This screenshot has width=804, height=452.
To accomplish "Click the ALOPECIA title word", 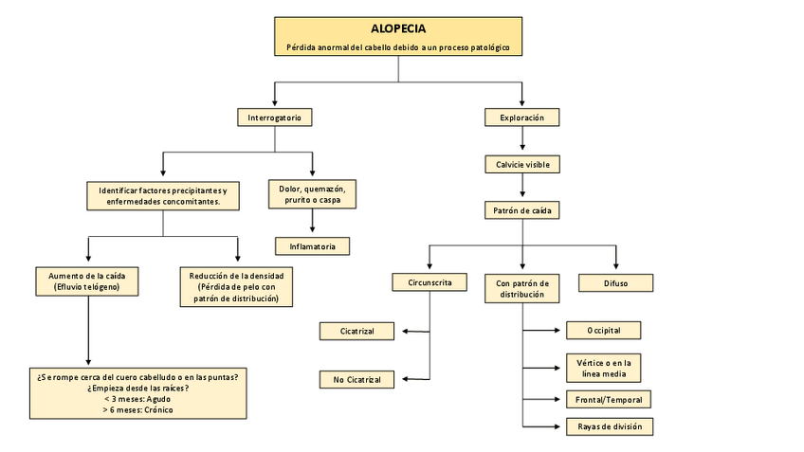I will click(398, 28).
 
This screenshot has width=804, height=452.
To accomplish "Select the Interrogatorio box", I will click(274, 118).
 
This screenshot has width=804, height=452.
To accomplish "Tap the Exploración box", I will click(521, 118).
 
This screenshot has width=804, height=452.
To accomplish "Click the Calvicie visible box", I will click(521, 164).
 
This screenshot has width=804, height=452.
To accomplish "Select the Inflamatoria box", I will click(312, 246).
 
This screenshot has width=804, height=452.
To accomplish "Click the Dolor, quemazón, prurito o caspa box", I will click(312, 194).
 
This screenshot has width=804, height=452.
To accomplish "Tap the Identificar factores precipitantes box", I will click(163, 195).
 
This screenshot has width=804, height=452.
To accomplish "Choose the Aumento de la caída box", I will click(87, 280).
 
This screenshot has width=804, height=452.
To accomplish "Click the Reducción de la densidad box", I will click(236, 286).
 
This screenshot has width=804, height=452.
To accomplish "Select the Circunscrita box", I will click(430, 282).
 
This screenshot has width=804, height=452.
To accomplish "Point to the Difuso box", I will click(615, 282).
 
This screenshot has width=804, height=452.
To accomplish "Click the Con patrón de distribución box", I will click(522, 288).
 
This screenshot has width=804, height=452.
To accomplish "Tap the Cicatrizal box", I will click(357, 331).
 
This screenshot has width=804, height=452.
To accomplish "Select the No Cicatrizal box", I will click(357, 380).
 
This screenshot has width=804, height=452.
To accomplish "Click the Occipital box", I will click(603, 330).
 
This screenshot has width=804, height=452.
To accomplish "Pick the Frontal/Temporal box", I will click(608, 399).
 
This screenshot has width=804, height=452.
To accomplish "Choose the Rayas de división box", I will click(609, 426).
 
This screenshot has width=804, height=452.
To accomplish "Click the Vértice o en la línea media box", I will click(608, 367).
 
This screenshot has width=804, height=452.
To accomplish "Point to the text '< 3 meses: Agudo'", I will click(137, 399).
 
